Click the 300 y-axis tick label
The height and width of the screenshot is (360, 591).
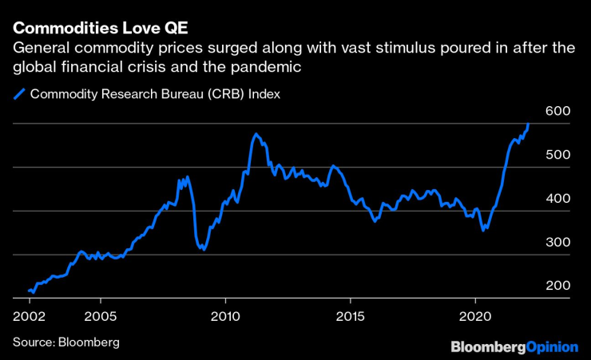coord(559,243)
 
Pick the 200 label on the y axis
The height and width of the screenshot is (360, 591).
coord(559,286)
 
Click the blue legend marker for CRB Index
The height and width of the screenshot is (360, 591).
coord(19,93)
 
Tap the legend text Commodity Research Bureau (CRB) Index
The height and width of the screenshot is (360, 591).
coord(155,93)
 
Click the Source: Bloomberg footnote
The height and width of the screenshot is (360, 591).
coord(65,342)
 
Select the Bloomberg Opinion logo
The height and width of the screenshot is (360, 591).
coord(514,346)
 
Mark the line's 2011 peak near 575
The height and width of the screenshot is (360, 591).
coord(256,134)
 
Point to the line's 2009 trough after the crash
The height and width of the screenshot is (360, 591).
coord(204,249)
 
